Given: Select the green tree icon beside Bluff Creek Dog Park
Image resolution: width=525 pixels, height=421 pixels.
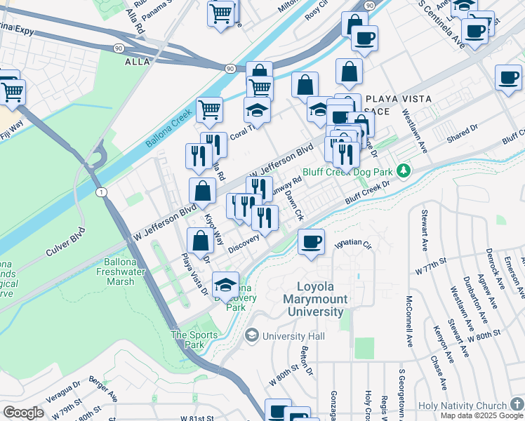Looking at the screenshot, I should (403, 171).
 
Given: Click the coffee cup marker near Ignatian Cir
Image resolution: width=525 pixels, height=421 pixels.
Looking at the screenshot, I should (311, 242).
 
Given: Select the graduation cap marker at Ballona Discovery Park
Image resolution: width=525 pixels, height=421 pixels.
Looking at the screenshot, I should (225, 284).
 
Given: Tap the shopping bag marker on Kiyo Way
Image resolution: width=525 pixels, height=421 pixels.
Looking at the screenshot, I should (202, 191).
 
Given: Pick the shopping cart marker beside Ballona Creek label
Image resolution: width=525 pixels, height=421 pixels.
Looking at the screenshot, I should (210, 109).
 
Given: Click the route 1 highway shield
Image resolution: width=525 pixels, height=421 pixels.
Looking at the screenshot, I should (102, 192).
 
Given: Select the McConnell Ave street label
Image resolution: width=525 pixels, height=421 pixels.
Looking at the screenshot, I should (408, 322).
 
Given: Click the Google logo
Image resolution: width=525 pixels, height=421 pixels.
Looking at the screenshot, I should (23, 413).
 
